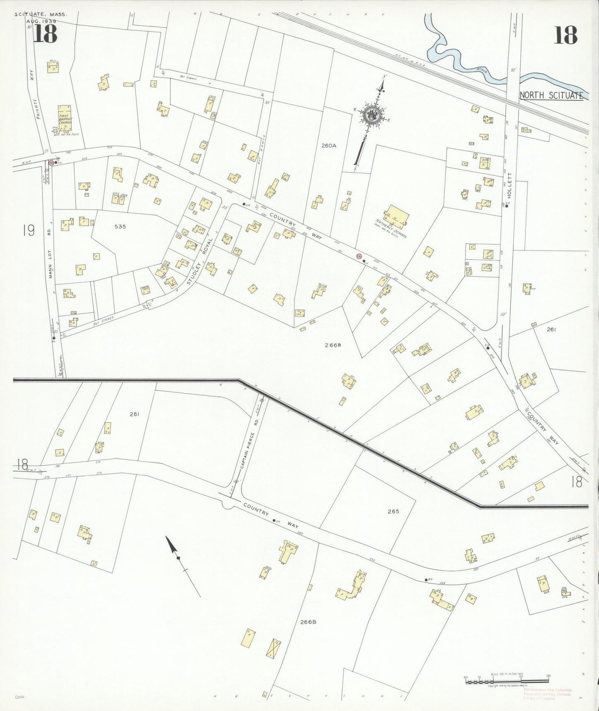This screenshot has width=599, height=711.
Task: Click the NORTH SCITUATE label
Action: click(x=551, y=95)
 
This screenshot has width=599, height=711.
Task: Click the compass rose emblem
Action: click(x=373, y=114)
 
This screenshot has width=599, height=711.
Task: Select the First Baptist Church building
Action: click(x=64, y=116)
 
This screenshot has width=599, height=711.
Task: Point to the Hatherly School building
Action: click(x=397, y=217)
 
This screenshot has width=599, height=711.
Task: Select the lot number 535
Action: click(x=120, y=226)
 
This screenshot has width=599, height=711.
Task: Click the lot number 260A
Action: click(x=328, y=146)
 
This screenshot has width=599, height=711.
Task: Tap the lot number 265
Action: click(x=393, y=511)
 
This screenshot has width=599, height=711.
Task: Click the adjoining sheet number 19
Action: click(x=29, y=230)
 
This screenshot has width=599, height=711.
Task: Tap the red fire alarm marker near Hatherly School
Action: click(x=359, y=256)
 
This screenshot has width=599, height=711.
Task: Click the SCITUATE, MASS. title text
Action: click(x=41, y=15)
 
